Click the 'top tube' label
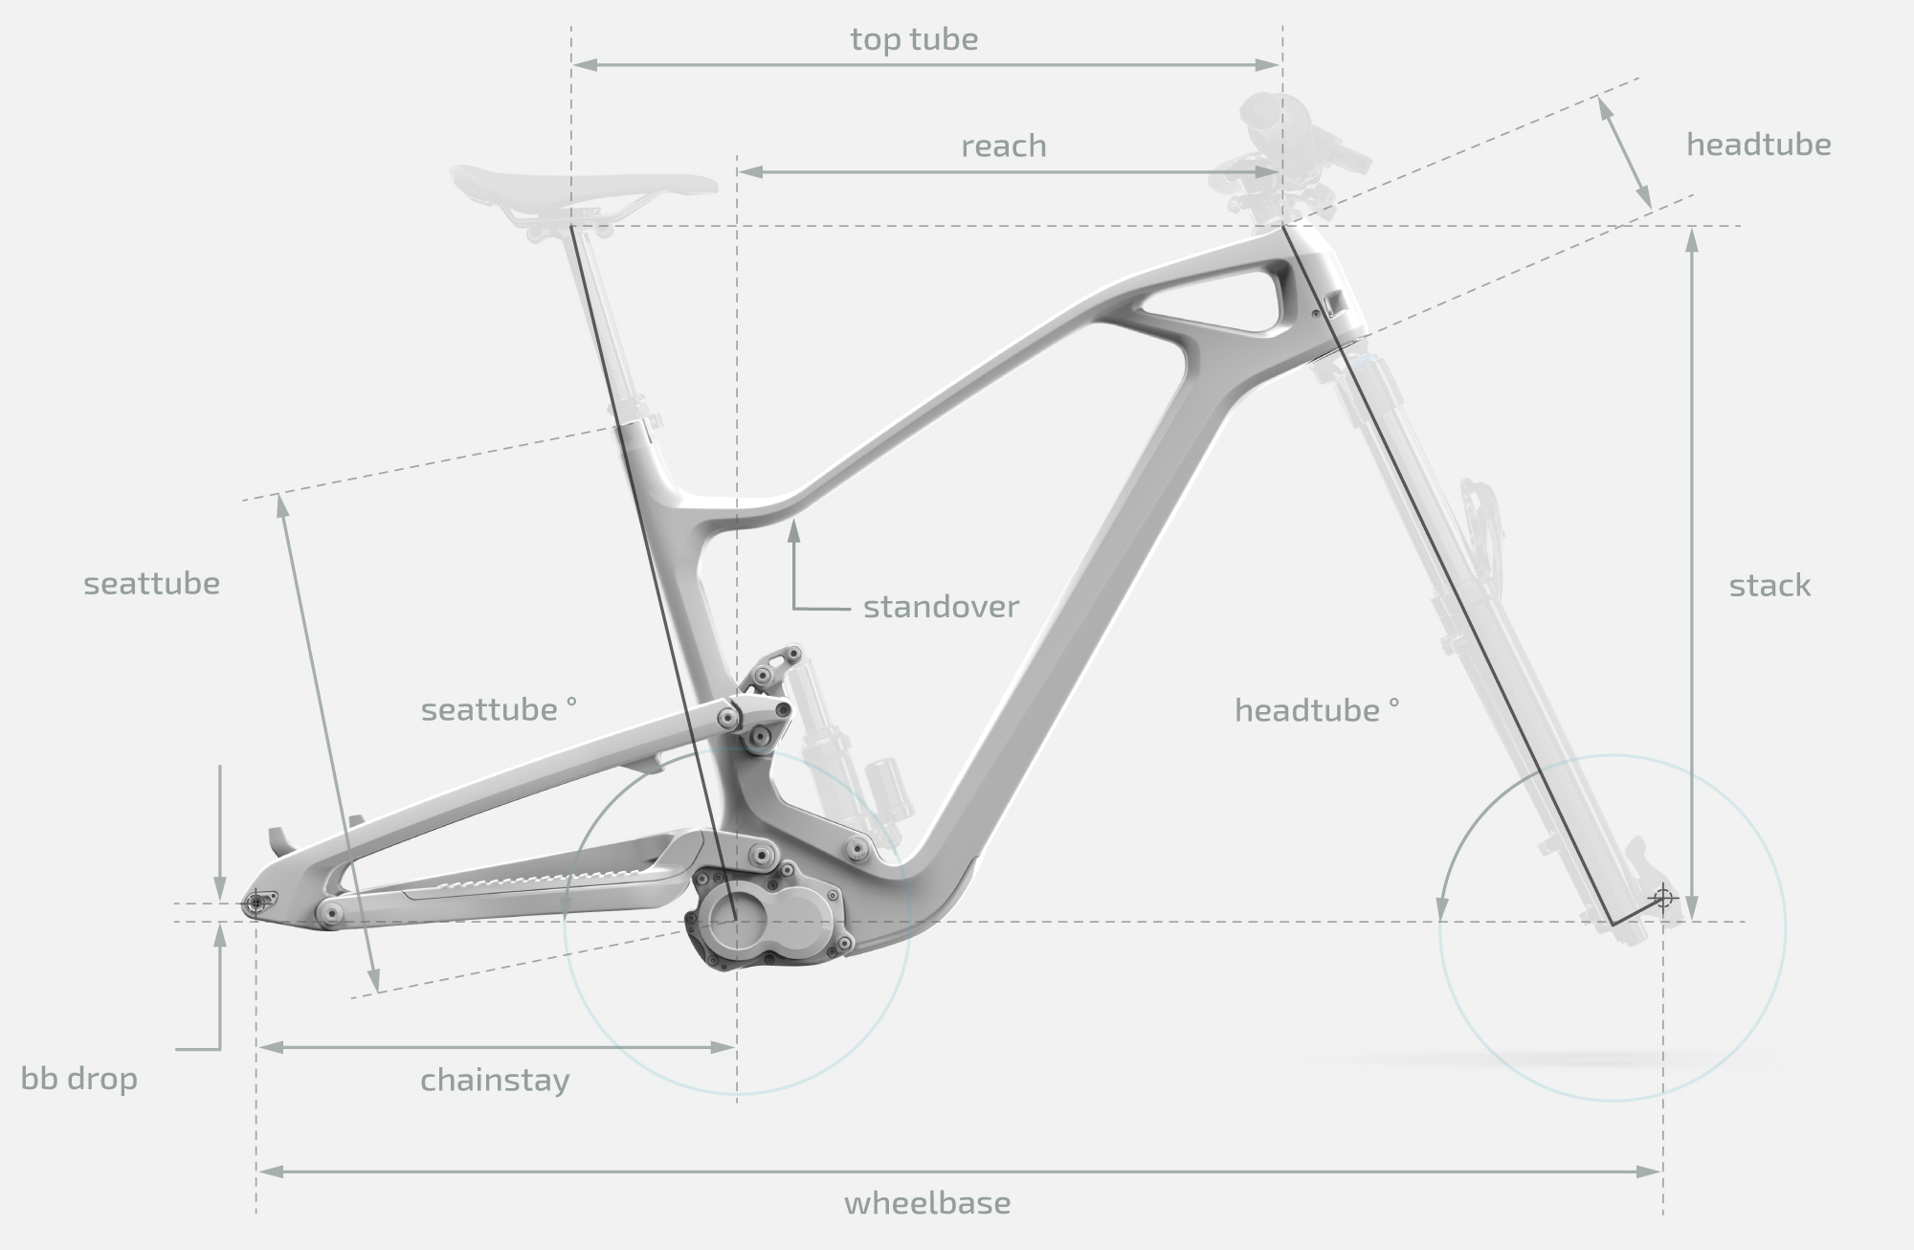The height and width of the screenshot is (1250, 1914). pos(914,40)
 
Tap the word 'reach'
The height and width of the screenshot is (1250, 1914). pos(1004,146)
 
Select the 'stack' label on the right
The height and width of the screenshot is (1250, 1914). pos(1769,586)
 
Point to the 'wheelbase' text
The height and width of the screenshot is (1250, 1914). pos(926,1203)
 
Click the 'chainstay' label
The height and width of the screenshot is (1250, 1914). pos(495,1081)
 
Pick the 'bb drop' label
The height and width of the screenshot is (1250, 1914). pos(79,1079)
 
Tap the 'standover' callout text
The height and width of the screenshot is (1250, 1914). pos(941,607)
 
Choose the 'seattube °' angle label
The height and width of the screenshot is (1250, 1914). pos(499,710)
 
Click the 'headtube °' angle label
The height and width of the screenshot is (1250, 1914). pos(1317,710)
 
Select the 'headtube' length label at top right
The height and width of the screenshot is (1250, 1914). pos(1759,145)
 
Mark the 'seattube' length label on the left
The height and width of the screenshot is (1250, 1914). pos(151,584)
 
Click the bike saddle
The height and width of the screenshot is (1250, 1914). pos(584,183)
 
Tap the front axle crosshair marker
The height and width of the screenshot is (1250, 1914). pos(1662,898)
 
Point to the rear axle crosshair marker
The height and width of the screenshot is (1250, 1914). pos(256,902)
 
